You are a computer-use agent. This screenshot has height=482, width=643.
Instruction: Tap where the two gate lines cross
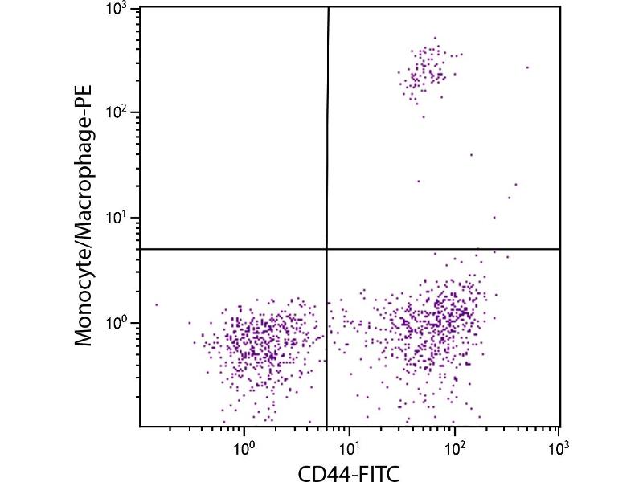click(x=327, y=249)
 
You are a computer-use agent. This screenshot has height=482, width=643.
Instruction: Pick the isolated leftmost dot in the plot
click(x=156, y=304)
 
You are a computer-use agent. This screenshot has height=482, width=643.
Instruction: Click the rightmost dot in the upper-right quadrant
click(x=527, y=67)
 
